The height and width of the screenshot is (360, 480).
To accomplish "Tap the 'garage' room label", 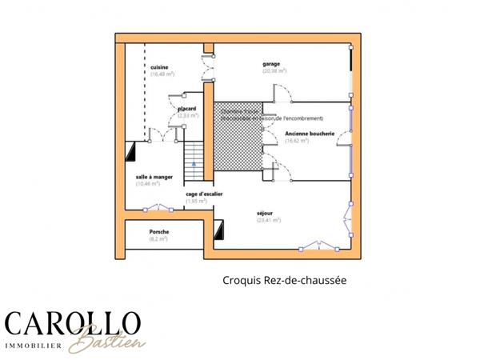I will (272, 63).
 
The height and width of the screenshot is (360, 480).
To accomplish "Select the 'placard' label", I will (188, 108).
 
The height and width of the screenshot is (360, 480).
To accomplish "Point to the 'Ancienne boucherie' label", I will (309, 133).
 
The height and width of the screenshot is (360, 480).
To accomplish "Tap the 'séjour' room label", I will (265, 213).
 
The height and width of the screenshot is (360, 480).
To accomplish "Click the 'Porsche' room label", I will (158, 230).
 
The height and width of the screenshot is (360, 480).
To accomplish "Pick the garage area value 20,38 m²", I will (273, 71).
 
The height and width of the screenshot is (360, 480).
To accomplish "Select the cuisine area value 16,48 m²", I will (162, 74).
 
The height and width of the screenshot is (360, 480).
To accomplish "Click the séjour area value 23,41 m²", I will (268, 220).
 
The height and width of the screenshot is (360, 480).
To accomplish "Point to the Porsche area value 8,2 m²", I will (158, 238).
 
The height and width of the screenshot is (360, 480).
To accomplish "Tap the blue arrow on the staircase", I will (193, 162).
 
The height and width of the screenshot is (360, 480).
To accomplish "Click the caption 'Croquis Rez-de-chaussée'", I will (284, 281).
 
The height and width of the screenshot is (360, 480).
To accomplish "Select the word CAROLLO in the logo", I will (72, 324).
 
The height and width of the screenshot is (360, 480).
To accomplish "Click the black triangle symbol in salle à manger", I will (130, 150).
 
